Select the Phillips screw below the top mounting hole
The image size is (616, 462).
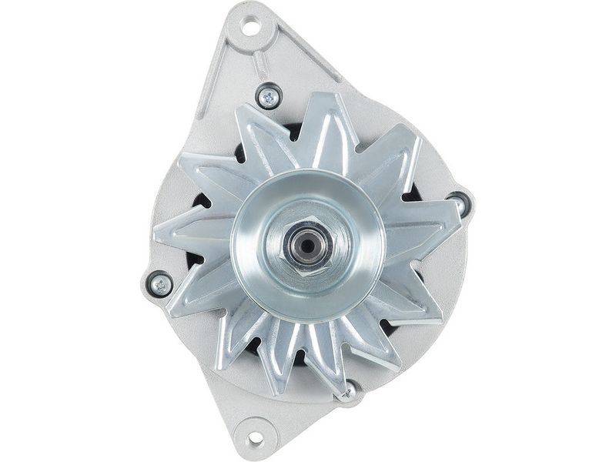click(x=267, y=96)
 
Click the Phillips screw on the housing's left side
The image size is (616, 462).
click(x=160, y=284)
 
